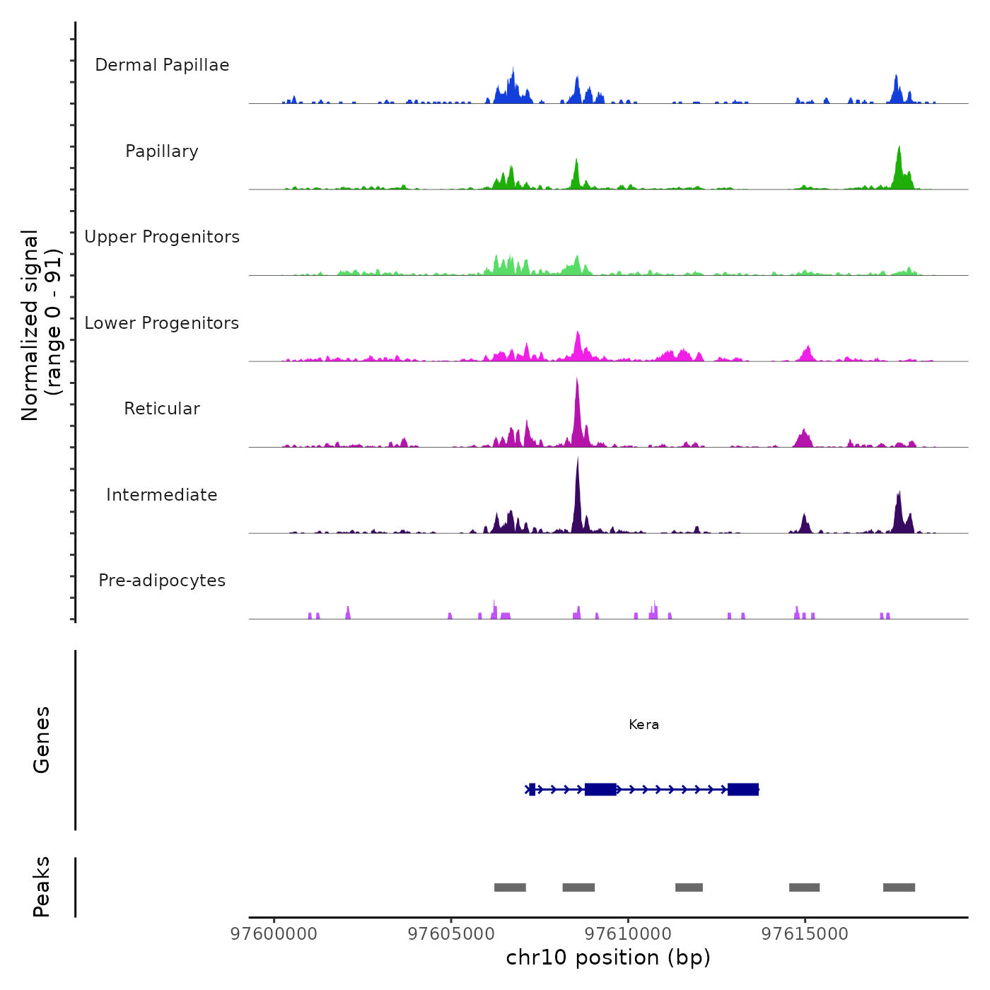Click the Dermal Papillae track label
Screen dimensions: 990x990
coord(162,65)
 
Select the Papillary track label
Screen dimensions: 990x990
coord(162,151)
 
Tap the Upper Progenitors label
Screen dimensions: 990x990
coord(162,237)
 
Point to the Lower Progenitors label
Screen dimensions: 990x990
coord(162,323)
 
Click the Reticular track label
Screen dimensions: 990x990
coord(162,409)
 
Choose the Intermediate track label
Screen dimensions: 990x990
coord(162,495)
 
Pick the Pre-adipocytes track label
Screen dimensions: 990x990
coord(162,581)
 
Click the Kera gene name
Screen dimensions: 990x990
coord(643,725)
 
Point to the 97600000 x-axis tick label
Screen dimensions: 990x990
coord(274,934)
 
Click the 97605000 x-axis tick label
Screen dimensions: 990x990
coord(451,934)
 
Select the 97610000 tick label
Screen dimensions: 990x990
coord(628,934)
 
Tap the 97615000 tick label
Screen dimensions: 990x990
coord(805,934)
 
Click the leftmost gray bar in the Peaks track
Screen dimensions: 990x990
coord(510,887)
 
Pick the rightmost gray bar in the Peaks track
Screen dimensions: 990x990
coord(899,887)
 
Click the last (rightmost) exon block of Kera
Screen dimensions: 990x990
coord(743,789)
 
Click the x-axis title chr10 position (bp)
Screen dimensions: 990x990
coord(608,957)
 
